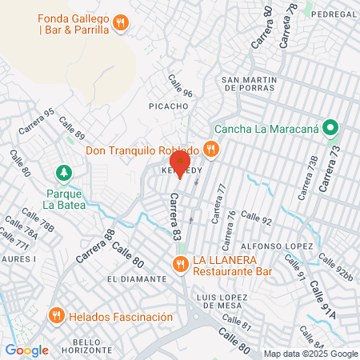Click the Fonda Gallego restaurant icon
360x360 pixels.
[120, 22]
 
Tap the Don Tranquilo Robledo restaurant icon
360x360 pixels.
[211, 149]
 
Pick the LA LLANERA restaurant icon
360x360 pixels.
[180, 262]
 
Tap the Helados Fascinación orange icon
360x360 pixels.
[56, 316]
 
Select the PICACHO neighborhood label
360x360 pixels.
[167, 106]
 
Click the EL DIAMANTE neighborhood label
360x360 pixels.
[136, 278]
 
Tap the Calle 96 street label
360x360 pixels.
[180, 86]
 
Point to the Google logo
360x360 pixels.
[27, 350]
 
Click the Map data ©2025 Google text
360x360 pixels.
[311, 353]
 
